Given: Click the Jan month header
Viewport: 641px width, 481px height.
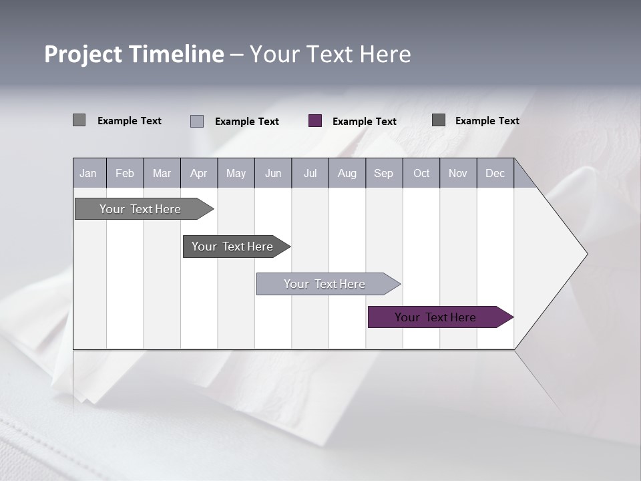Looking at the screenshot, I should [x=89, y=173].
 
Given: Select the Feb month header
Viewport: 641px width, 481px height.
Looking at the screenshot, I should [x=125, y=173].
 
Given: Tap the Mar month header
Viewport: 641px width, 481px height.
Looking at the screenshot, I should [x=162, y=173].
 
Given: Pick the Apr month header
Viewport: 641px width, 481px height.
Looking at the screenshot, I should [x=199, y=173].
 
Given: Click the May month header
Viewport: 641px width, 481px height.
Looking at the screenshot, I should [x=236, y=173].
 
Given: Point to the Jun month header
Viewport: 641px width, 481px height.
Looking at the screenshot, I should [x=273, y=173].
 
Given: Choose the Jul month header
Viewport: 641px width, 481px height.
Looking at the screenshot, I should [x=310, y=173].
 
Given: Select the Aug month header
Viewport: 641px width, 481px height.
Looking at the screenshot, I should [x=347, y=173].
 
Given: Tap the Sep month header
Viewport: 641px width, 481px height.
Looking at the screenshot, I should [x=384, y=173].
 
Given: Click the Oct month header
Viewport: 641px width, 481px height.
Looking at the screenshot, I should [x=421, y=173].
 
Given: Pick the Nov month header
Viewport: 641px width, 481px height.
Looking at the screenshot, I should [x=458, y=173].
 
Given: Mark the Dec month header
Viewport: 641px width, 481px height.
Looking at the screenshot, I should [x=495, y=173].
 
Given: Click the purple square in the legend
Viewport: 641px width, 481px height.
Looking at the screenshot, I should [x=315, y=121].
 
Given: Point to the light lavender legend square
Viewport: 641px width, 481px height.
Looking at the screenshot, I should [x=197, y=121].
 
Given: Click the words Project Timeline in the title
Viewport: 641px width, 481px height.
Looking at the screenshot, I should [x=134, y=54].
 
